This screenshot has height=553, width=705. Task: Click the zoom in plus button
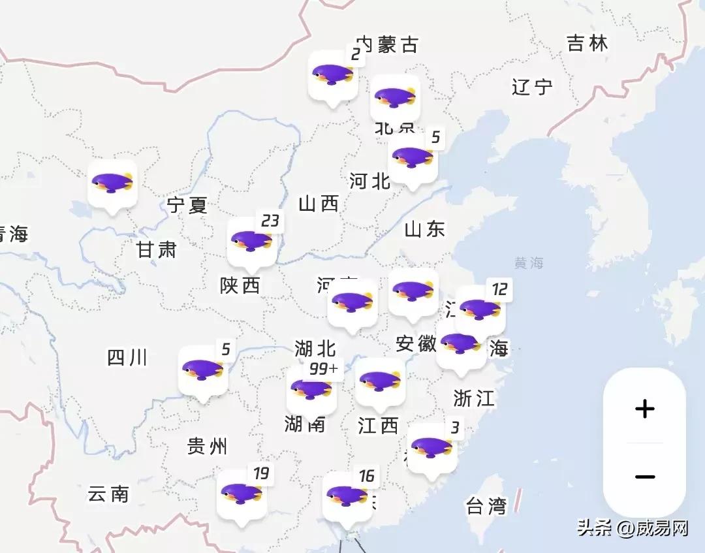pos(644,409)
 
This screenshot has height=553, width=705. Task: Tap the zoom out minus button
pos(644,477)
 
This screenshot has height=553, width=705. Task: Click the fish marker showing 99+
pos(311,390)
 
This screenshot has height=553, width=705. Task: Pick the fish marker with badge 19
pos(241,494)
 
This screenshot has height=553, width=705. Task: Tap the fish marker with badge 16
pos(347,496)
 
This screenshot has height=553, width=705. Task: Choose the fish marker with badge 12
pos(480,309)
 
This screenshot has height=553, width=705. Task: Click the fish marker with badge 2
pos(333,75)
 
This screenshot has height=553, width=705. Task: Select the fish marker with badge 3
pos(431,448)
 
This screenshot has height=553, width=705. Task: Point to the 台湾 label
pos(486,505)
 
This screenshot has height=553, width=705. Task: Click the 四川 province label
pos(127,358)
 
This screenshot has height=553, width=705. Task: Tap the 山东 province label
pos(424,229)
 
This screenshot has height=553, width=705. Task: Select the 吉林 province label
pos(587,44)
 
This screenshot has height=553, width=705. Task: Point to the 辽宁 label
pos(532,87)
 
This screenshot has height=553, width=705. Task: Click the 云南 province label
pos(108,494)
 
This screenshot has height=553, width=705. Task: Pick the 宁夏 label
pos(187,206)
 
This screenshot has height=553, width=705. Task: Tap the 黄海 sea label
pos(529,264)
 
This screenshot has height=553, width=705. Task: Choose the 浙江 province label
pos(474,398)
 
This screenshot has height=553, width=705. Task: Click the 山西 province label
pos(319,204)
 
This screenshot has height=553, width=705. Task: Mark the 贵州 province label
pos(207,447)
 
